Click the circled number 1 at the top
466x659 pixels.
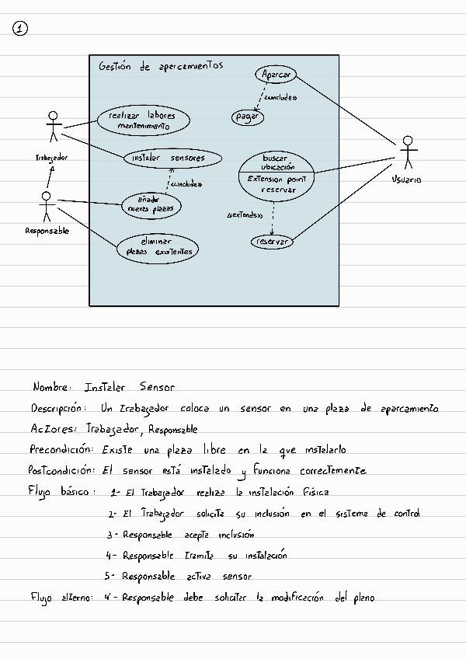coord(21,29)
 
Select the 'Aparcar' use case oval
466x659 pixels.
coord(277,75)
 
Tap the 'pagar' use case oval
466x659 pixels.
coord(248,117)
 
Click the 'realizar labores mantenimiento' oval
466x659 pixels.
coord(143,120)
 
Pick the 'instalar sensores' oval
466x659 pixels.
coord(172,159)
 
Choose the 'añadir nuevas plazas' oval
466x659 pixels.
coord(149,204)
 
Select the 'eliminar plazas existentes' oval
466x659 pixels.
coord(158,247)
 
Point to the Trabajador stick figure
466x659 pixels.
coord(53,128)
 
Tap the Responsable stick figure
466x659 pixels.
coord(47,205)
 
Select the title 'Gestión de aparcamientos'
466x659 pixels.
coord(161,67)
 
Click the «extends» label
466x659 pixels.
coord(245,215)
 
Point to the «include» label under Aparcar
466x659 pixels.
coord(280,99)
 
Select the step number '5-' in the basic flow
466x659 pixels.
coord(110,577)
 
